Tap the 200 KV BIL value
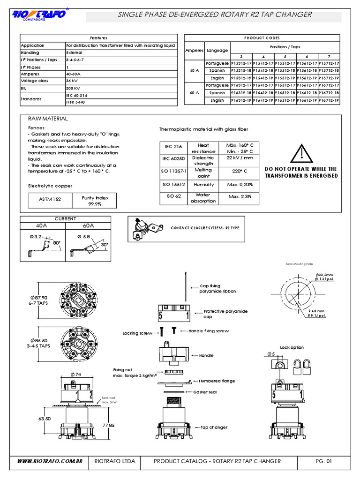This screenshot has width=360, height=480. point(73,88)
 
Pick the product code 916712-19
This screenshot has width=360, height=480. point(330,100)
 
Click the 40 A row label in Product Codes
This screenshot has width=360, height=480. point(195,70)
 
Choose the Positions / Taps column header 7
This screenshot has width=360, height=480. point(330,56)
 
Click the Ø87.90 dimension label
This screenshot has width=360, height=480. point(39,297)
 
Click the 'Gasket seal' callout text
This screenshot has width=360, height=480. point(205,392)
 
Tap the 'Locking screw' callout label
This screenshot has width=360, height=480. point(137,333)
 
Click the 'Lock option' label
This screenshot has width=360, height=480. point(292,347)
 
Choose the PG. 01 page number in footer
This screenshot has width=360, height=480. point(323,461)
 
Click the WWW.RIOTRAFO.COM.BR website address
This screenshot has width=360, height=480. point(50,461)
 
